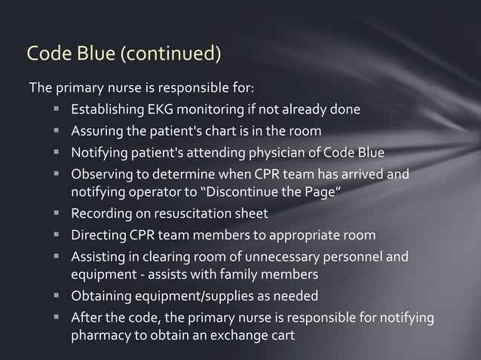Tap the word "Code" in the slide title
(x=47, y=54)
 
